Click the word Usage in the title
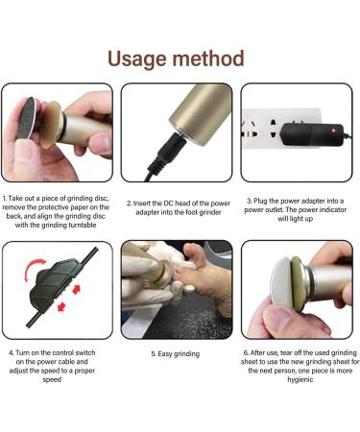[x=137, y=60]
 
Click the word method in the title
[x=208, y=59]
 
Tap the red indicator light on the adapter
[x=333, y=131]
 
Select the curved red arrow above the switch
[x=34, y=268]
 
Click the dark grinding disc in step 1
[x=26, y=118]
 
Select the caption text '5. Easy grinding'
[x=176, y=354]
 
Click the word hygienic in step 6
[x=300, y=380]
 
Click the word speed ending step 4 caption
[x=52, y=380]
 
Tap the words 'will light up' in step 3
[x=295, y=219]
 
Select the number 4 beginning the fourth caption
[x=12, y=352]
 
